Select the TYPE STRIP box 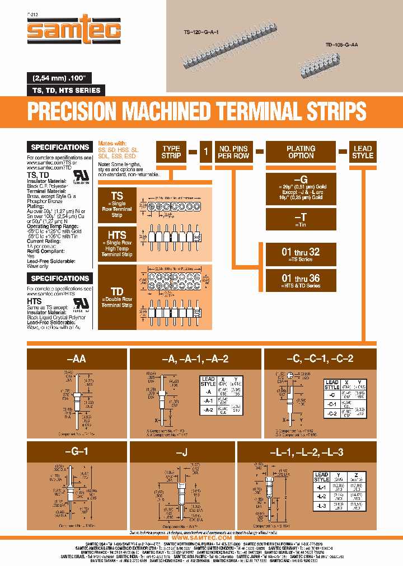[x=171, y=152]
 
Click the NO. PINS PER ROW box [x=233, y=152]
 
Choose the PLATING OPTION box [x=301, y=152]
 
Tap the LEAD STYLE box [x=363, y=152]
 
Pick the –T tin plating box [x=301, y=220]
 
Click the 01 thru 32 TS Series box [x=301, y=254]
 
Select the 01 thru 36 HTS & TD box [x=301, y=280]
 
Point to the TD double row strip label [x=117, y=296]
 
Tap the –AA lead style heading [x=76, y=359]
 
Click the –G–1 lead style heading [x=76, y=451]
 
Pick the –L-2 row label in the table [x=321, y=496]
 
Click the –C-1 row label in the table [x=331, y=403]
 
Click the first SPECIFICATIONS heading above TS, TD [x=60, y=147]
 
